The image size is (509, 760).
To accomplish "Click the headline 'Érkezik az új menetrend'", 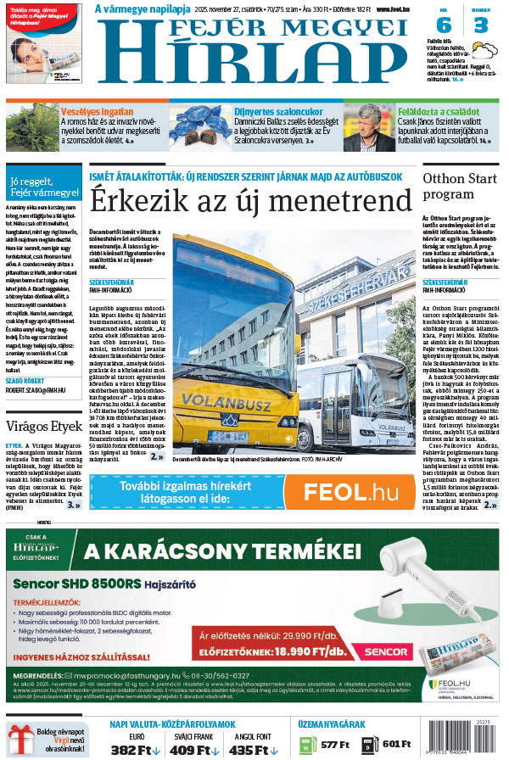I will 252,201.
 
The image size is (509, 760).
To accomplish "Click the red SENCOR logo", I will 388,651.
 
